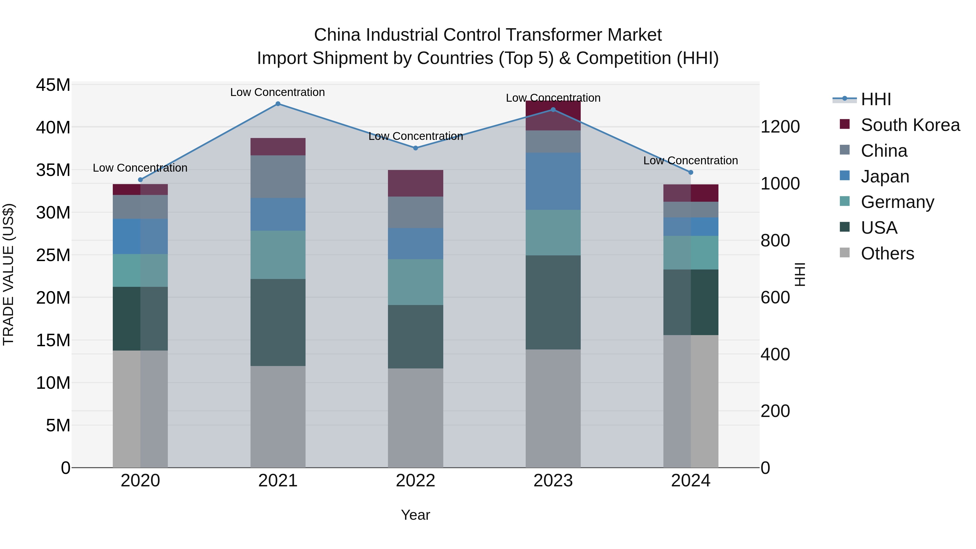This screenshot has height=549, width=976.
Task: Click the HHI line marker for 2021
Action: click(x=278, y=104)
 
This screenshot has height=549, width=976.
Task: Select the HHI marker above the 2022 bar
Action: click(x=416, y=148)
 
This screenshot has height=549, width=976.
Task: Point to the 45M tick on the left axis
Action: click(x=53, y=85)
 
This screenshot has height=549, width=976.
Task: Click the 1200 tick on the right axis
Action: click(x=780, y=127)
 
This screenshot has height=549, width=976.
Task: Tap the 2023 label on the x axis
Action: click(x=553, y=481)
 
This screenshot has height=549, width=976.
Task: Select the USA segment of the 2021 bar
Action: click(x=278, y=322)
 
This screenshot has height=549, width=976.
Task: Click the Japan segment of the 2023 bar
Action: click(x=553, y=181)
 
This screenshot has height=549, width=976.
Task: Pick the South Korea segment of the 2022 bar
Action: click(x=416, y=183)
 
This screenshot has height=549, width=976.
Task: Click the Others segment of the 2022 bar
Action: click(x=416, y=418)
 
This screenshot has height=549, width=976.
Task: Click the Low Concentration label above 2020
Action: click(x=140, y=168)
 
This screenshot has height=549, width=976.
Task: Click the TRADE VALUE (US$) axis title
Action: click(x=8, y=274)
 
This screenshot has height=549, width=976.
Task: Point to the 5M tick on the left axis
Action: click(x=58, y=425)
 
